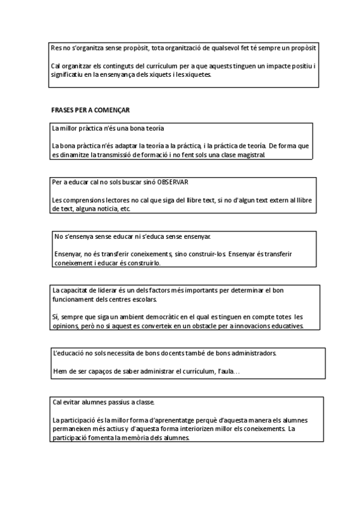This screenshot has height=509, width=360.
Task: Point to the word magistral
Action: click(x=247, y=155)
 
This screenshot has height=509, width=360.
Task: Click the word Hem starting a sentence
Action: click(x=59, y=372)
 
